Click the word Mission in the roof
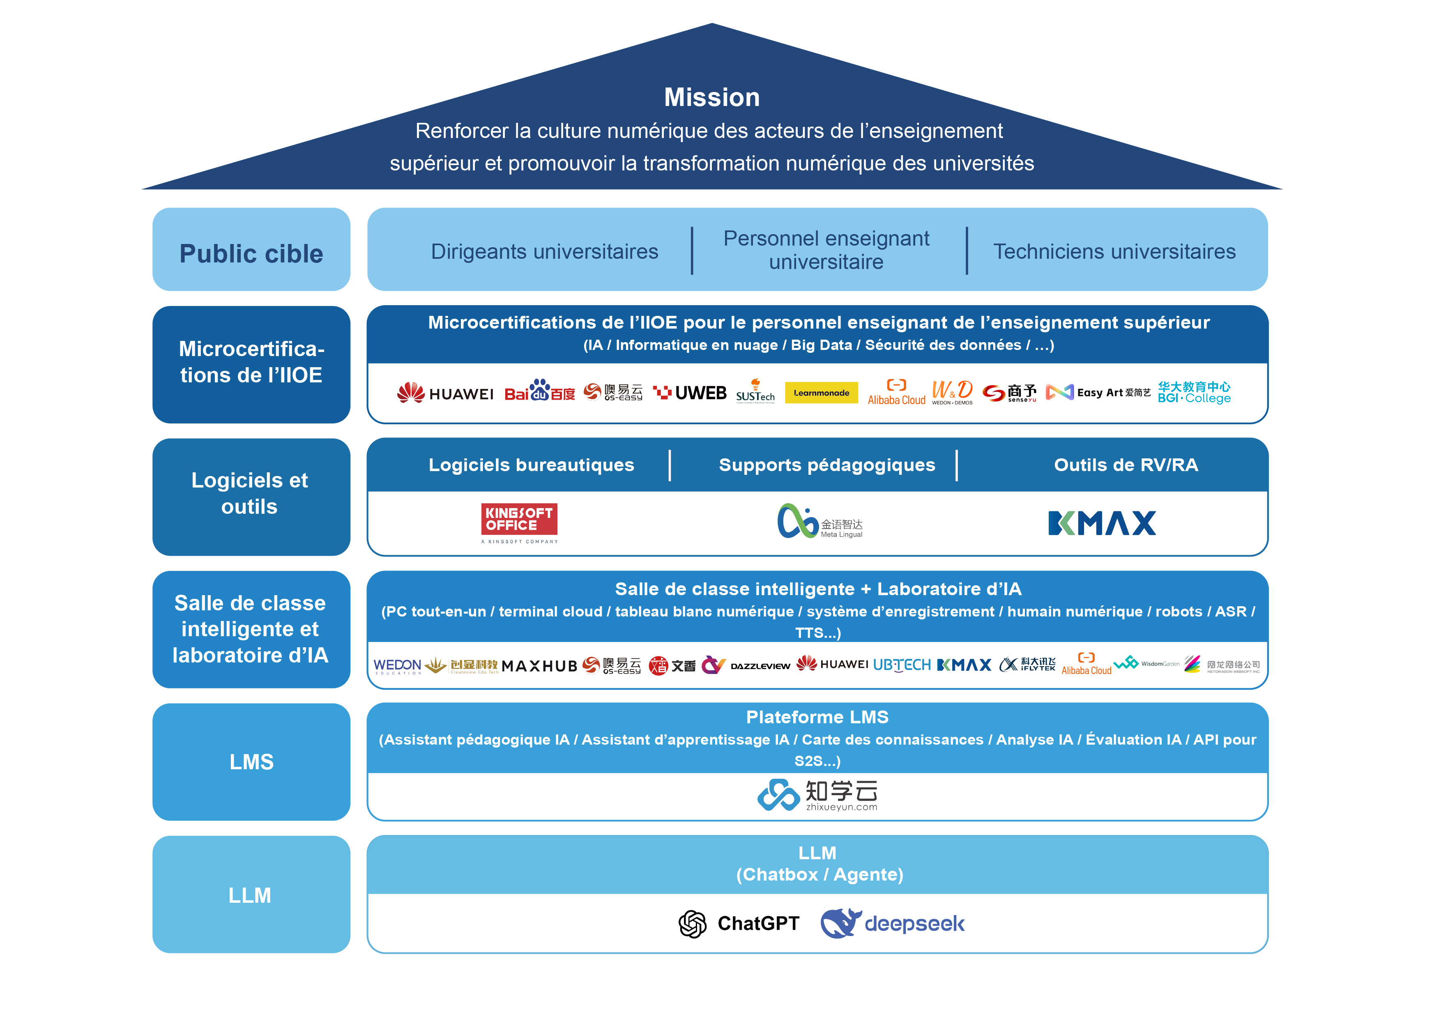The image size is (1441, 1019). click(712, 97)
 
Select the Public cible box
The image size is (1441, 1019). click(251, 250)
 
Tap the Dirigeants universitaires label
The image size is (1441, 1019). click(544, 252)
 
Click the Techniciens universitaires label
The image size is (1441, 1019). click(1114, 252)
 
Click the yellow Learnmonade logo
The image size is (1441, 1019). click(821, 393)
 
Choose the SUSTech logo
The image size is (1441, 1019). click(755, 393)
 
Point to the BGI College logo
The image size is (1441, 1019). click(1194, 392)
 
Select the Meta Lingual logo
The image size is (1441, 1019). click(819, 522)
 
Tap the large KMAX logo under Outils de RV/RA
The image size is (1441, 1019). click(1101, 523)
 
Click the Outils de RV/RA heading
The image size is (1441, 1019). click(1125, 465)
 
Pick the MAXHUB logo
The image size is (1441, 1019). click(539, 666)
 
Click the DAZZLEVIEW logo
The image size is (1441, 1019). click(760, 666)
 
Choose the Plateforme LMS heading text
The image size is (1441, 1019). click(817, 717)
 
